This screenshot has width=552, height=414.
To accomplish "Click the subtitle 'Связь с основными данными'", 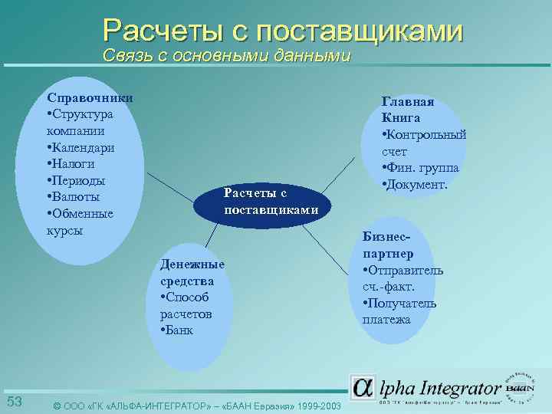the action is (227, 56).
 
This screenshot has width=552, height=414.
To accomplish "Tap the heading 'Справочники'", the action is (90, 97).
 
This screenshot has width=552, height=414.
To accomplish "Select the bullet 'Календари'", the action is (80, 147).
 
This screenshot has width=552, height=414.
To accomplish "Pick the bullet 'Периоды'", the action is (76, 180).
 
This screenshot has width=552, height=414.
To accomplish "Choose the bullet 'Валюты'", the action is (75, 197).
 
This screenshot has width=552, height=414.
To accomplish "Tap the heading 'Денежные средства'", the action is (192, 272).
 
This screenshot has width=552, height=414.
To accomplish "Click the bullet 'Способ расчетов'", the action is (184, 305).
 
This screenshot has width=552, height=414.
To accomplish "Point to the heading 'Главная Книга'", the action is (408, 110).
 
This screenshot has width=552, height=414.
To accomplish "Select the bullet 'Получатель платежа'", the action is (399, 311).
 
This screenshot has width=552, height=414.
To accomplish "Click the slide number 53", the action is (15, 402).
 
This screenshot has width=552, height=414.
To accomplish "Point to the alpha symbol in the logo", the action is (363, 388).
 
